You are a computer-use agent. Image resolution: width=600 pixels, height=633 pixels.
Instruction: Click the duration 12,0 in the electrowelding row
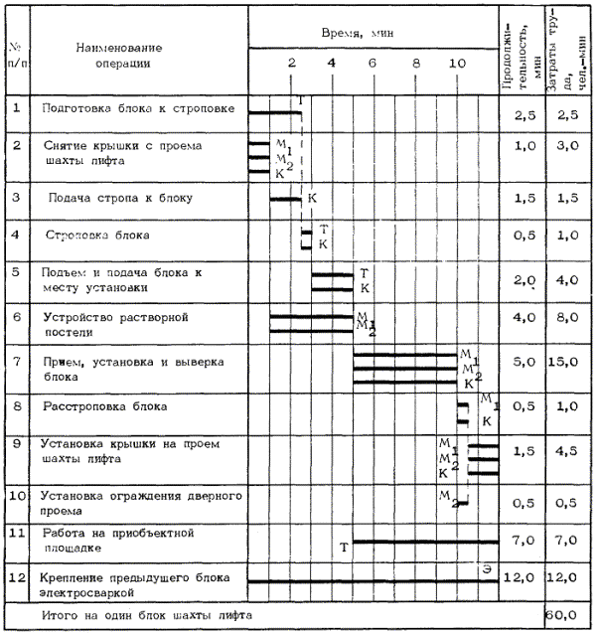[x=525, y=578]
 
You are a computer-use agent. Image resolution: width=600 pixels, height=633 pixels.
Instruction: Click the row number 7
[x=17, y=357]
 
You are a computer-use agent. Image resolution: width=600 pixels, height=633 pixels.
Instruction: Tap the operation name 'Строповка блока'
[x=97, y=236]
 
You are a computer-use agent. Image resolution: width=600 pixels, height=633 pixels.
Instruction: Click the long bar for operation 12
[x=373, y=580]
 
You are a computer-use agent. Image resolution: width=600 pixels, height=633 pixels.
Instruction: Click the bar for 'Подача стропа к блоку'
[x=286, y=200]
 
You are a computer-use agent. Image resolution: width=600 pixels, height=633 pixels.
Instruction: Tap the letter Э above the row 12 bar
[x=487, y=567]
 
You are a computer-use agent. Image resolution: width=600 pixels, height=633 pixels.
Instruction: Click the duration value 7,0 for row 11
[x=525, y=540]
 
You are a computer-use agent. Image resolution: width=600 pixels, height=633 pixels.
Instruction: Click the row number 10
[x=17, y=494]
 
